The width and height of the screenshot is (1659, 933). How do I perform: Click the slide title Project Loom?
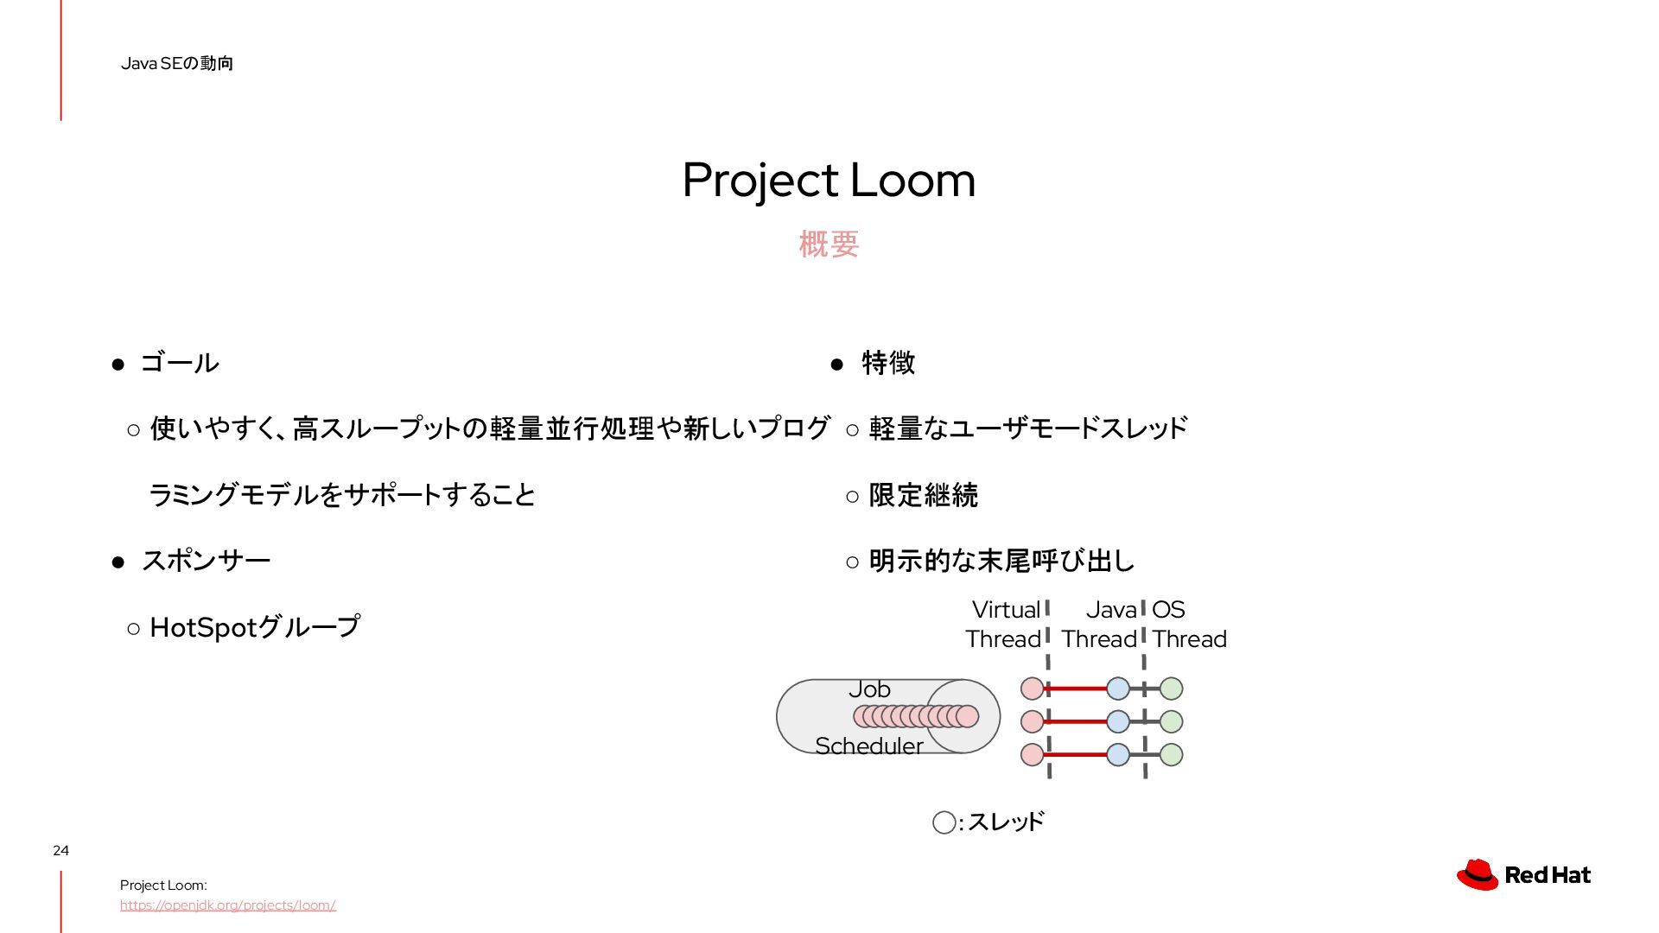tap(829, 180)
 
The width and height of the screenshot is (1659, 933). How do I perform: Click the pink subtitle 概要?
tap(829, 244)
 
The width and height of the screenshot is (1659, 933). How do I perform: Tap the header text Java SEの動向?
tap(177, 63)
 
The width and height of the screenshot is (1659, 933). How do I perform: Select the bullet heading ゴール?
tap(180, 363)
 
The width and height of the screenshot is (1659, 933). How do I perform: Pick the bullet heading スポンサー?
tap(206, 561)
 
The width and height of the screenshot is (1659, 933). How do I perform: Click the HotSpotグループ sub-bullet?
tap(254, 627)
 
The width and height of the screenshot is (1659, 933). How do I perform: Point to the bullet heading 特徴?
tap(888, 363)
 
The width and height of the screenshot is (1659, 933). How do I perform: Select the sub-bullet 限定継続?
tap(923, 495)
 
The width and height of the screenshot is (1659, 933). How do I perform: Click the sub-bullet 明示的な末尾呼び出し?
tap(1001, 561)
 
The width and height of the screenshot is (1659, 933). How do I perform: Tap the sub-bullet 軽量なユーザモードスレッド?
tap(1028, 428)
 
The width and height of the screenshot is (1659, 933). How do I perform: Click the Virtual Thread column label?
tap(1004, 624)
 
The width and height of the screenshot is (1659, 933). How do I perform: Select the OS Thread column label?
tap(1188, 624)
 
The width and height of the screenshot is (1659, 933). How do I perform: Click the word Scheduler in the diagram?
tap(868, 746)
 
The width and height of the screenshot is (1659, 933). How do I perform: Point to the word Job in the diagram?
tap(869, 689)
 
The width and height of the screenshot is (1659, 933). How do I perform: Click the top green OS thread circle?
tap(1171, 689)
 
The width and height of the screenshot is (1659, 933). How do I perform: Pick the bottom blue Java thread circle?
tap(1118, 754)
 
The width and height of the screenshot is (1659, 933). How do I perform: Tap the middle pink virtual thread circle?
tap(1032, 721)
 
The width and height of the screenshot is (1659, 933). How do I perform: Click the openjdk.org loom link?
tap(227, 905)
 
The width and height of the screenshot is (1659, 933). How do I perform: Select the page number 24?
tap(60, 850)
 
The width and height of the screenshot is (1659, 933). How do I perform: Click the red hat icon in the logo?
tap(1478, 874)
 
